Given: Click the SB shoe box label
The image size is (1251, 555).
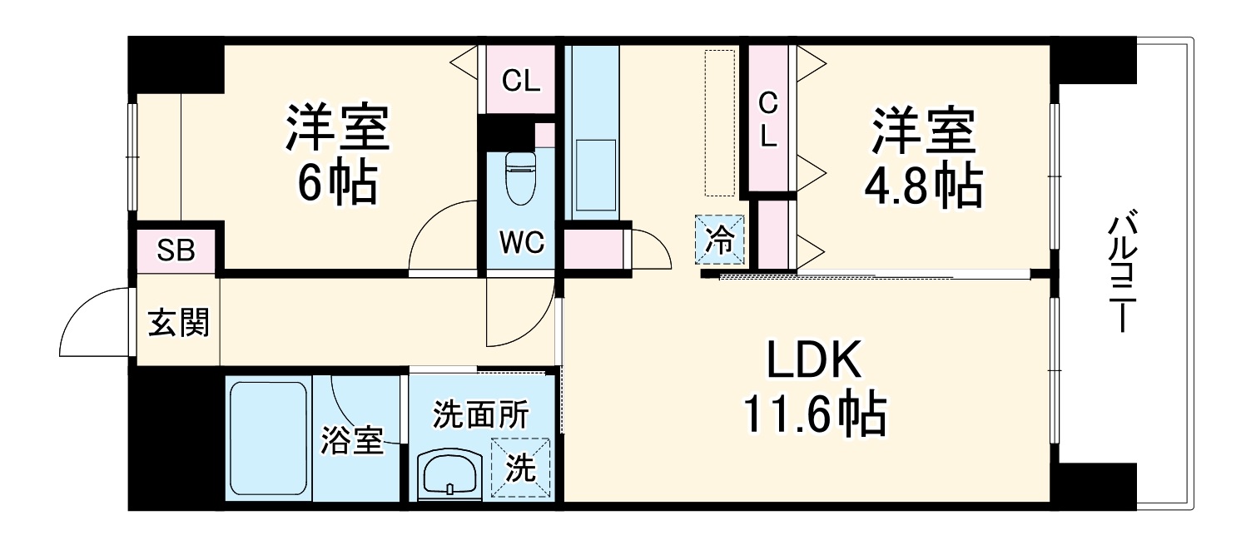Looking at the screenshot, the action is [x=176, y=250].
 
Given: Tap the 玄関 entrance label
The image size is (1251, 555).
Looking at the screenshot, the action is [x=178, y=321].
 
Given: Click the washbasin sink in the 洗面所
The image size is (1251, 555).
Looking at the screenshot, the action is [x=449, y=475].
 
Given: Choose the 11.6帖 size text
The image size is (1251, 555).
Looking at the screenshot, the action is [x=814, y=414].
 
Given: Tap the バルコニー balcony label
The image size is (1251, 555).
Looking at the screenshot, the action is [x=1118, y=274].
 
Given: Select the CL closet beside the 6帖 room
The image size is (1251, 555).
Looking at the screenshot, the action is [x=521, y=81].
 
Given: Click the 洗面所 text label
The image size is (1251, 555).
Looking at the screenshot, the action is [x=480, y=414].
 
